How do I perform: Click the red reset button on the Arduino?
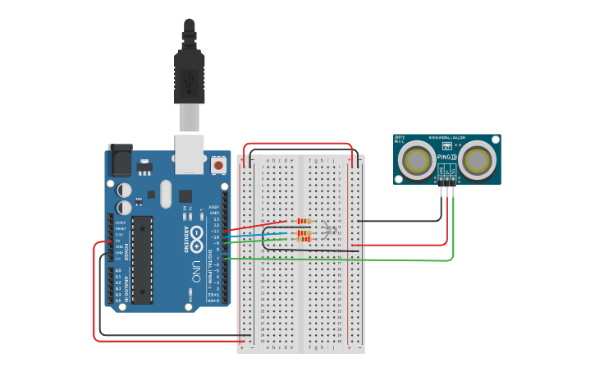pos(218,166)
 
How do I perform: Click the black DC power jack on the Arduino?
pos(121,160)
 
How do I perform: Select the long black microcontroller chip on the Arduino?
pos(142,259)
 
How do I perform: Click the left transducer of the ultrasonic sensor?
pos(416,160)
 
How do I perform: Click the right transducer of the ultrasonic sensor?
pos(477,160)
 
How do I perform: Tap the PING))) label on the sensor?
pos(446,156)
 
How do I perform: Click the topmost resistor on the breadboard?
pos(304,221)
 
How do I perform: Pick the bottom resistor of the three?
pos(304,240)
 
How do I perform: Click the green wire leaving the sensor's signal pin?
pos(452,238)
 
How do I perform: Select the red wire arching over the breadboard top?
pos(300,145)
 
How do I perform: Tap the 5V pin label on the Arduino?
pos(119,241)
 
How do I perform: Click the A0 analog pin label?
pos(118,270)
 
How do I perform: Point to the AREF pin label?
pos(213,207)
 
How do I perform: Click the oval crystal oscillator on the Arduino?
pos(166,194)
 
